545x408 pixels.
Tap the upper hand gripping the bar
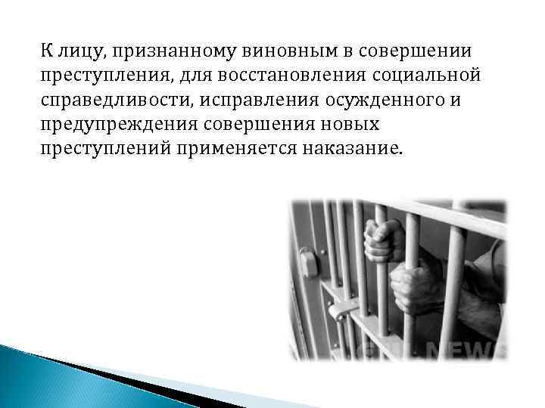pos(383,240)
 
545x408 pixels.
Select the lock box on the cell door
pos(309,262)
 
